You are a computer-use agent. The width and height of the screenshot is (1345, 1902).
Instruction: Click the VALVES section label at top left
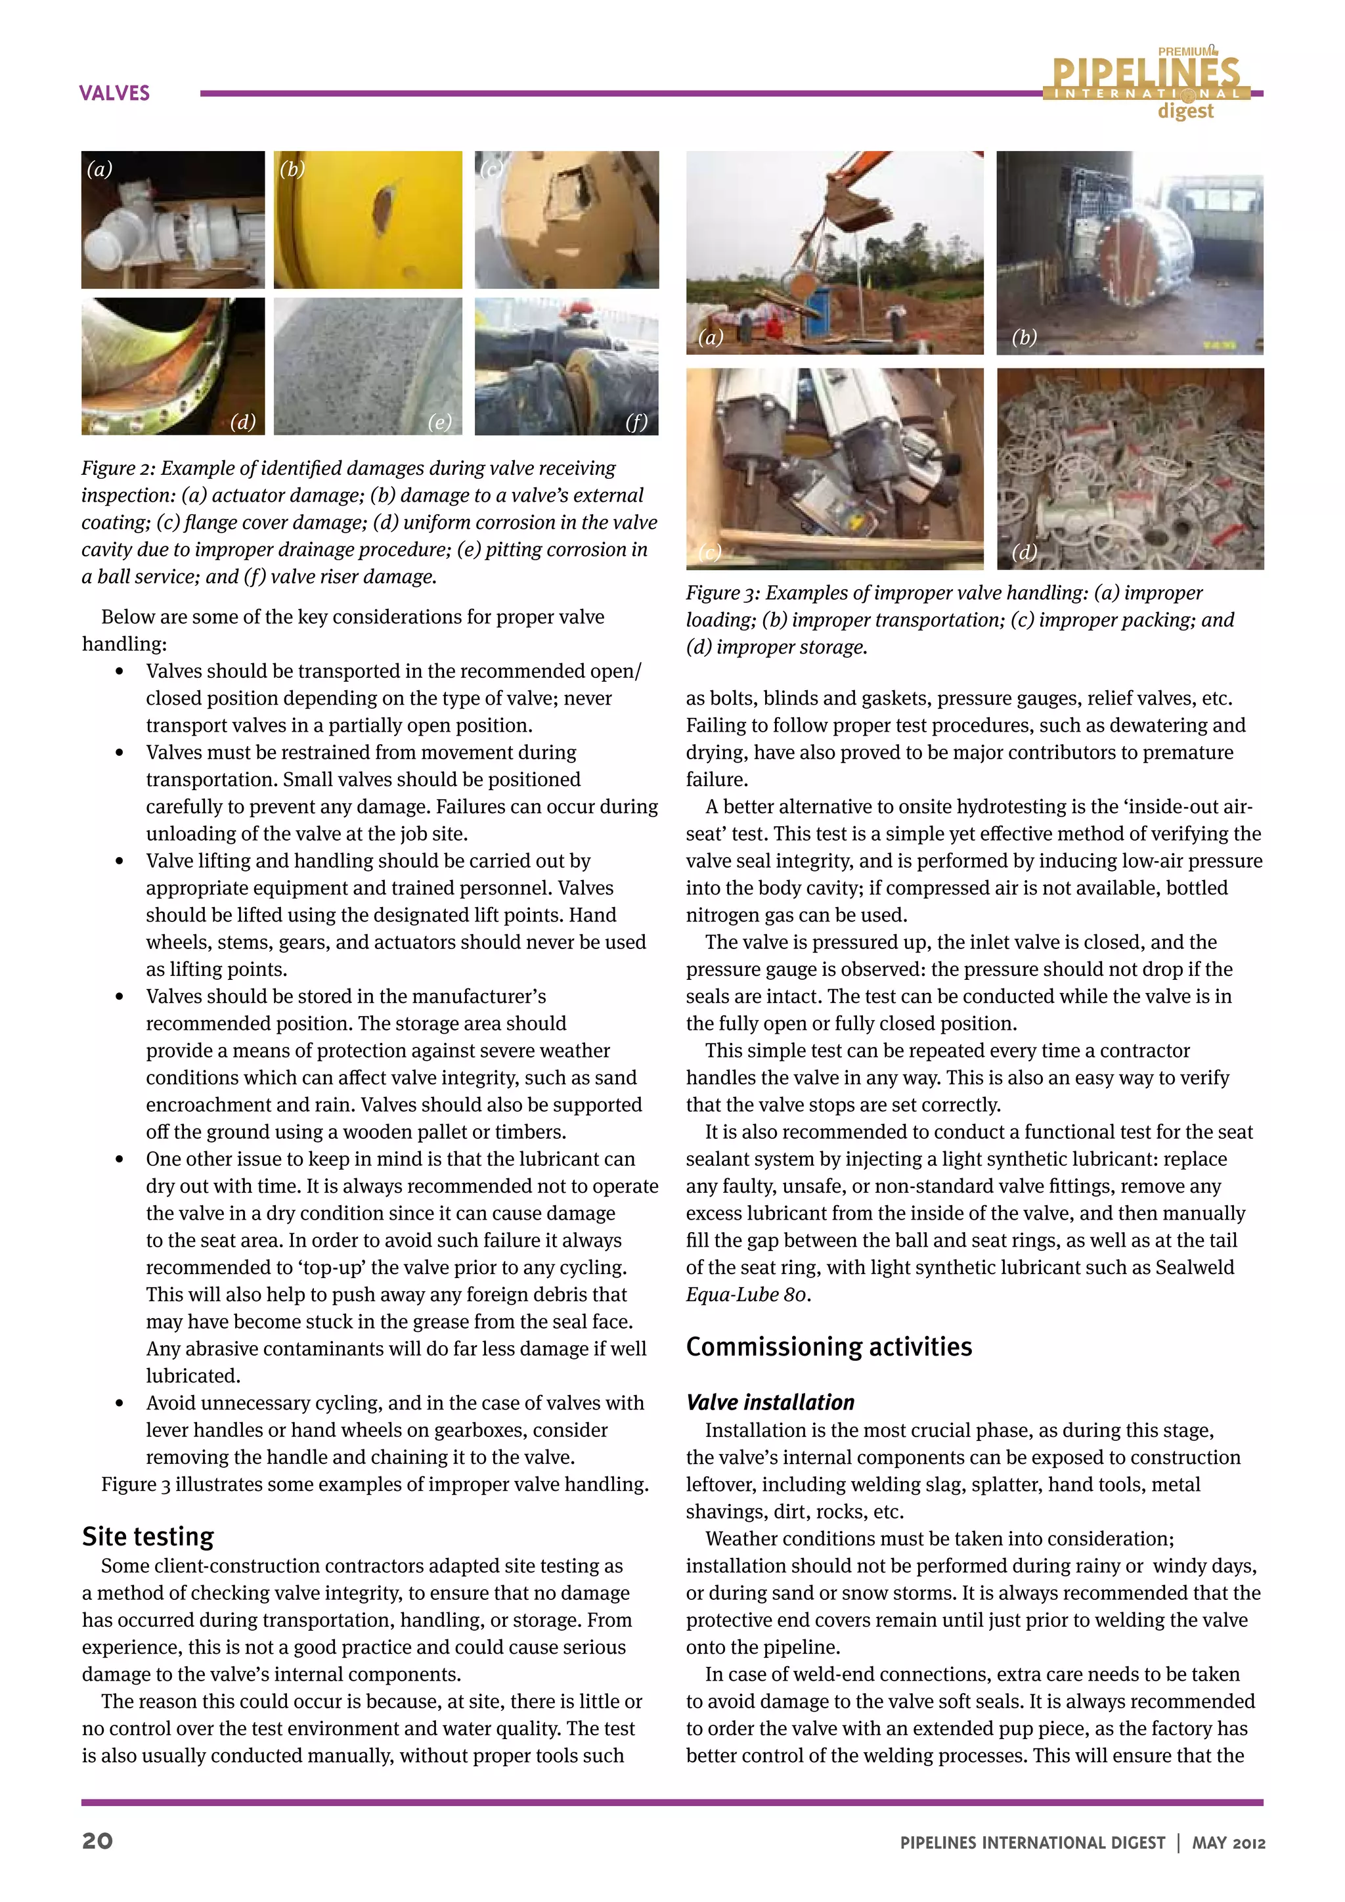[x=114, y=93]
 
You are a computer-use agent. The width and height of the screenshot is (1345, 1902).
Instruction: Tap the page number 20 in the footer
[x=98, y=1842]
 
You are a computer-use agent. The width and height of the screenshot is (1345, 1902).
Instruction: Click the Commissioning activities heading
[x=829, y=1347]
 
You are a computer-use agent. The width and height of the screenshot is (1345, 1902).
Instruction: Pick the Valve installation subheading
[x=770, y=1402]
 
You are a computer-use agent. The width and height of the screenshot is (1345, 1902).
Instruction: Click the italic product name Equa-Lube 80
[x=746, y=1294]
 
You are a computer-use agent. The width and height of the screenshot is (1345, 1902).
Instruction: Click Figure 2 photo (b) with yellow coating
[x=368, y=219]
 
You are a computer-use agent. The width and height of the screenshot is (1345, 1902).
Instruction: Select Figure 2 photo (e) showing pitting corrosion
[x=368, y=366]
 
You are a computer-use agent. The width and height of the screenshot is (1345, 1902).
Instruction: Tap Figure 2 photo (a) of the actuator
[x=173, y=219]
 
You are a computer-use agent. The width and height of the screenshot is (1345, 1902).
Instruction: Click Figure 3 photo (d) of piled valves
[x=1130, y=468]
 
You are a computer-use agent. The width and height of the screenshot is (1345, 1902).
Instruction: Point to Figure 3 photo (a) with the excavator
[x=835, y=253]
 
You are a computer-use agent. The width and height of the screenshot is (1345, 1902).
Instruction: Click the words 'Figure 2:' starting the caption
[x=118, y=468]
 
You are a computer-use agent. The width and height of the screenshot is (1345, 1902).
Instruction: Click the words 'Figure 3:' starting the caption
[x=722, y=593]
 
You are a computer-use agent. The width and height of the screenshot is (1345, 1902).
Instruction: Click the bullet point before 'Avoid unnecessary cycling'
[x=120, y=1404]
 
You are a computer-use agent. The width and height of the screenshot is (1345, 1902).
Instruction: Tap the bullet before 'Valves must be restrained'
[x=120, y=753]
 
